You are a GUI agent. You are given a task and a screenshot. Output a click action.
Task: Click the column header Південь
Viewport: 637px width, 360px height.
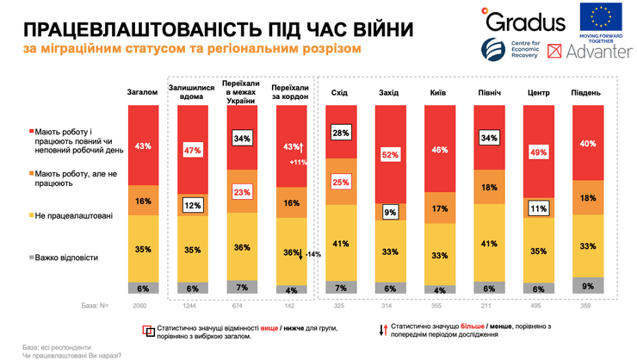585,91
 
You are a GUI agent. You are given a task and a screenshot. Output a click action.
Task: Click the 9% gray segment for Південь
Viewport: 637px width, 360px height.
585,285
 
